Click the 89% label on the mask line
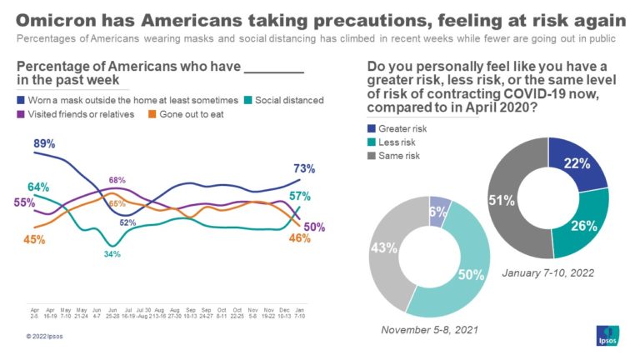[x=45, y=144]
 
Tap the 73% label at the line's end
[x=304, y=169]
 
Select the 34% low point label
[x=112, y=254]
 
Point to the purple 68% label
[x=117, y=180]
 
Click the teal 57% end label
[x=300, y=197]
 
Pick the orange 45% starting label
[x=34, y=240]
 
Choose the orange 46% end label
[x=299, y=238]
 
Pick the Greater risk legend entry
[x=400, y=128]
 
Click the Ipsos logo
[x=604, y=335]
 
